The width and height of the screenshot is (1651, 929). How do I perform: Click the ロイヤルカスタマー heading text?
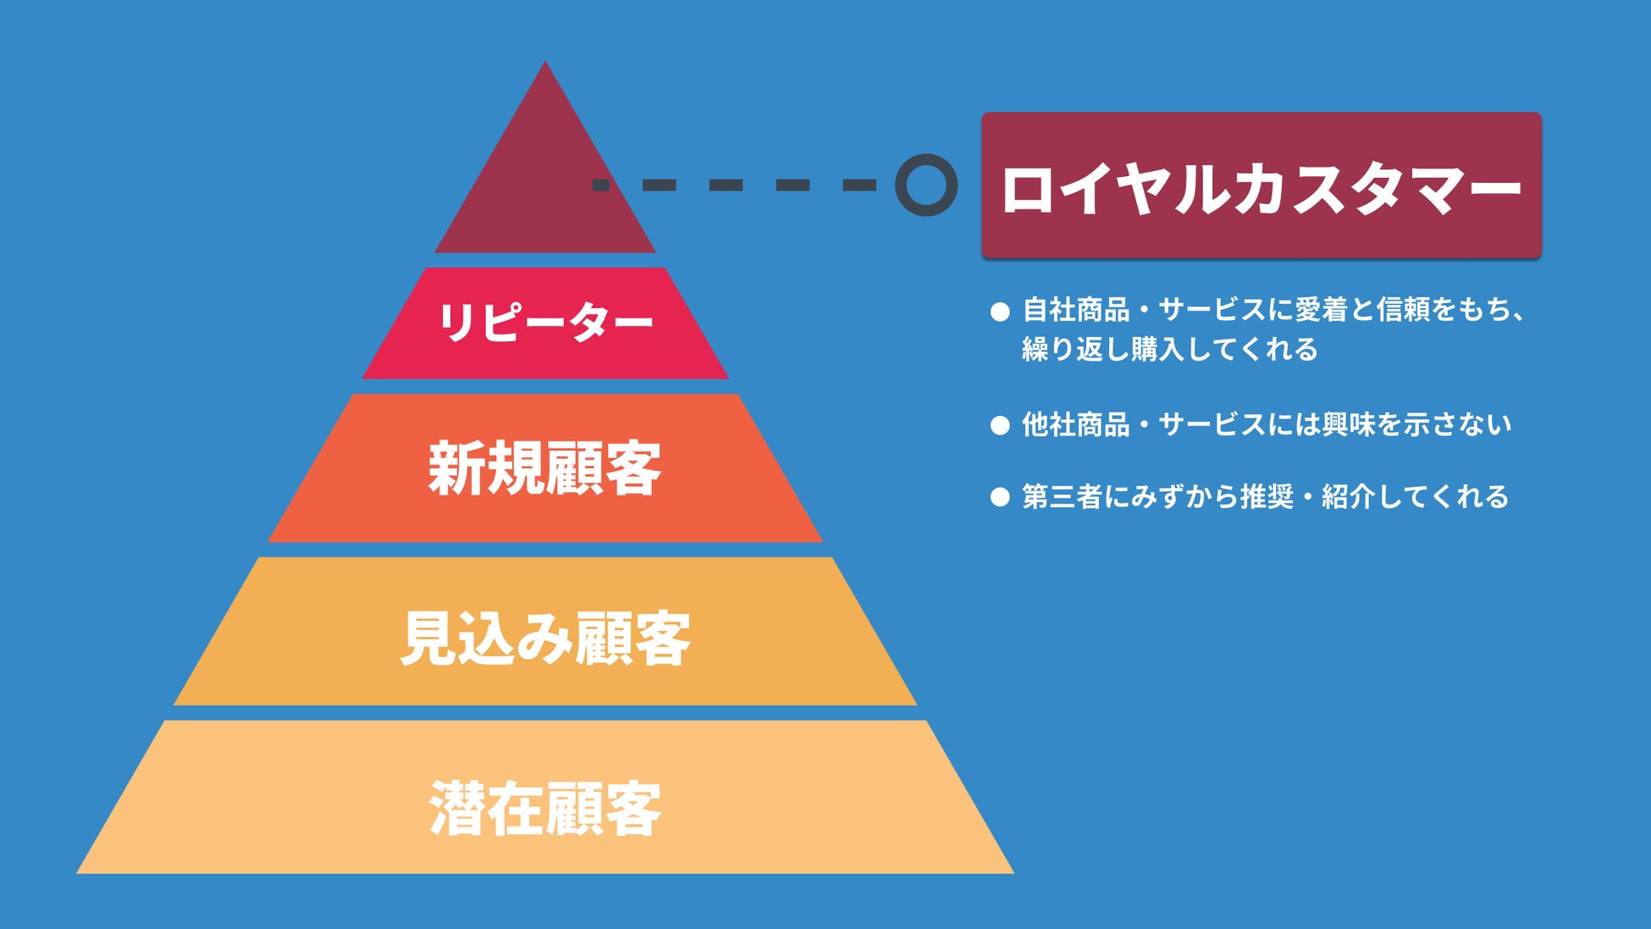[x=1261, y=188]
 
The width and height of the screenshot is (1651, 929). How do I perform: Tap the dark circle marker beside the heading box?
[x=926, y=185]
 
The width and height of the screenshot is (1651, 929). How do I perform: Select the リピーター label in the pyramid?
[x=545, y=323]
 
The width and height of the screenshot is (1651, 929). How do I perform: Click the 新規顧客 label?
[x=544, y=468]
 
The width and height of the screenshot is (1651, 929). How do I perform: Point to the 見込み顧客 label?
[x=545, y=638]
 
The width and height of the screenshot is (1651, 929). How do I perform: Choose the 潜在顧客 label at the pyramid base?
[x=545, y=809]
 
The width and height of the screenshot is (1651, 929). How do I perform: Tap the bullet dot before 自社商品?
[x=1000, y=312]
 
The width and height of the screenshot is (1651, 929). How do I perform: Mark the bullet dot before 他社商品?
[x=1000, y=425]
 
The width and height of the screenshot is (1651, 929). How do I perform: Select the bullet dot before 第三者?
[x=1000, y=497]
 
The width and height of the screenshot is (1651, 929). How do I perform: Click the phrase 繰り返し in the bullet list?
[x=1075, y=349]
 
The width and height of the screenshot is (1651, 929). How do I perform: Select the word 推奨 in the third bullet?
[x=1267, y=496]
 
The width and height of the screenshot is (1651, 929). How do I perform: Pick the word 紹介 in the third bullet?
[x=1349, y=496]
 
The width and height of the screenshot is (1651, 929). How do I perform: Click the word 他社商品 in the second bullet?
[x=1075, y=424]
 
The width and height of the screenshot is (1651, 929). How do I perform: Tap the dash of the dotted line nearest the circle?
[x=859, y=185]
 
